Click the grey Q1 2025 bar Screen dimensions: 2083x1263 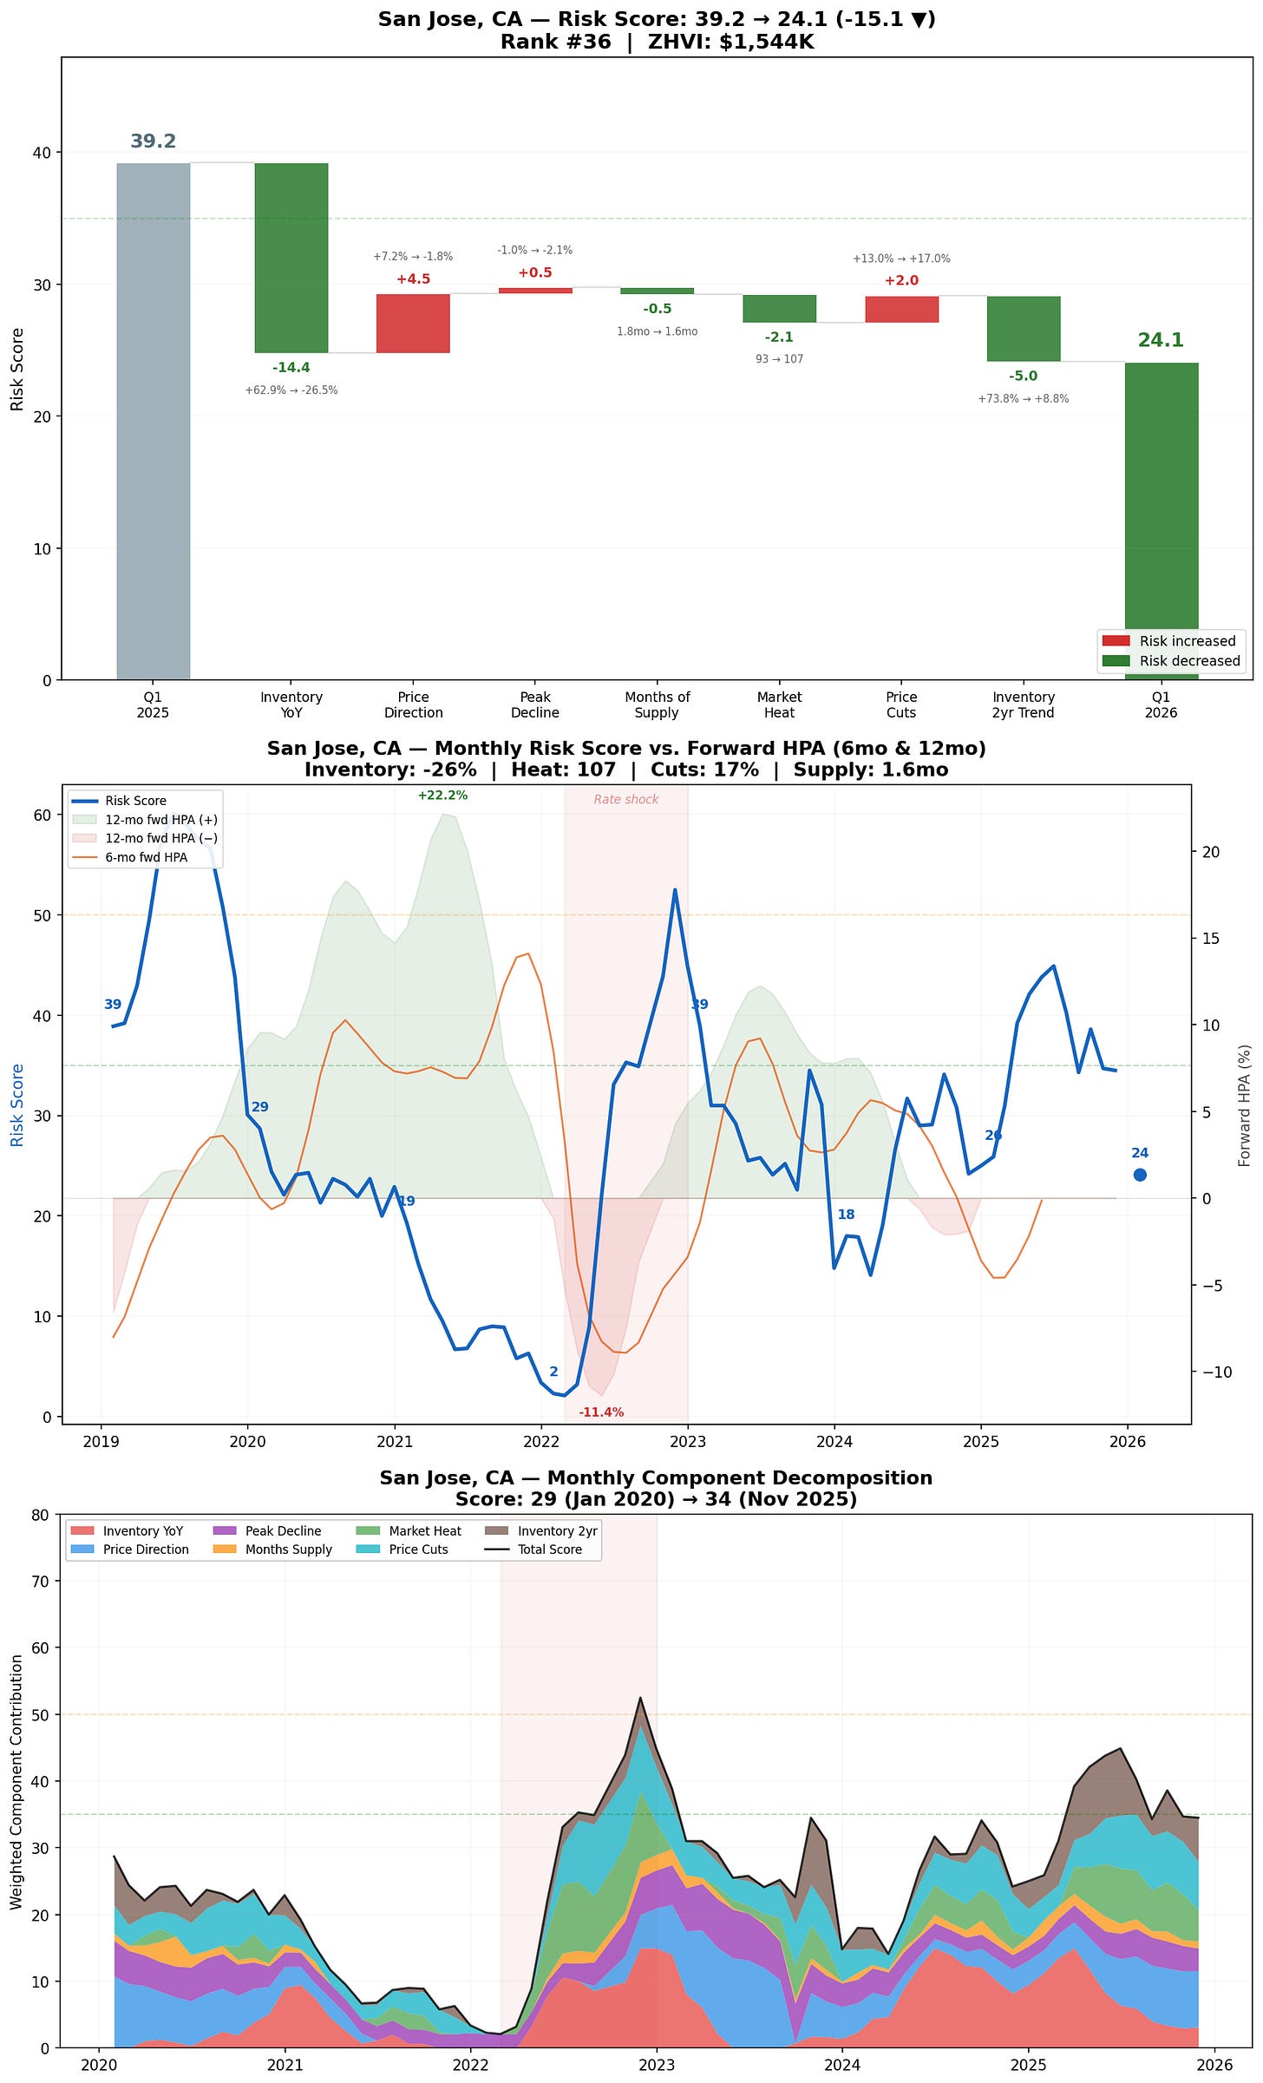pos(153,421)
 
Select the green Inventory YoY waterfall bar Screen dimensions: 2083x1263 pos(291,258)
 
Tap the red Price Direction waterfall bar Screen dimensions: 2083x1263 pos(413,323)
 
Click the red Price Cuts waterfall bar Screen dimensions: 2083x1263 pos(901,309)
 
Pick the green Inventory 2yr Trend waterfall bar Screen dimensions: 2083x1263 pos(1024,329)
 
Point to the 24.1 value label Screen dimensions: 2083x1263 pos(1161,341)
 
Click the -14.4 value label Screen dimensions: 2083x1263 pos(291,368)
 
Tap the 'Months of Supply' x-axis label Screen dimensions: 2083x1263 pos(657,705)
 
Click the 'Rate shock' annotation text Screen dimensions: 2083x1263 pos(625,800)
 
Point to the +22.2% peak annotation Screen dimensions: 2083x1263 pos(442,796)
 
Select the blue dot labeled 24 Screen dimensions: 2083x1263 pos(1140,1175)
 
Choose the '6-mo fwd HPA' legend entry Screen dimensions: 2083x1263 pos(146,857)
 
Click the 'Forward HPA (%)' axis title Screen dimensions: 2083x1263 pos(1245,1105)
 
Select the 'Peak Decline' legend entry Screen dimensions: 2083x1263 pos(283,1531)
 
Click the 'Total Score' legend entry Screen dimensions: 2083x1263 pos(550,1549)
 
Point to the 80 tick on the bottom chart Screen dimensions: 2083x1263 pos(41,1516)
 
